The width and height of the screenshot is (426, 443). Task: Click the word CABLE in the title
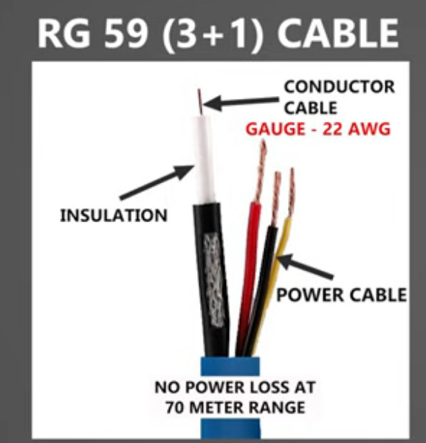pyautogui.click(x=338, y=33)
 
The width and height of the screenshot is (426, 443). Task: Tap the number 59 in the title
pyautogui.click(x=126, y=34)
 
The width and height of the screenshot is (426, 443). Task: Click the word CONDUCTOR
pyautogui.click(x=340, y=86)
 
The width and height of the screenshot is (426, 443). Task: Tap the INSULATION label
pyautogui.click(x=114, y=216)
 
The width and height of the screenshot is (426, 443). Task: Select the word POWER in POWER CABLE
pyautogui.click(x=310, y=295)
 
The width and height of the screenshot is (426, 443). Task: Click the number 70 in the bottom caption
pyautogui.click(x=174, y=408)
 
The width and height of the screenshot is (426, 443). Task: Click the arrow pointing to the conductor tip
pyautogui.click(x=241, y=103)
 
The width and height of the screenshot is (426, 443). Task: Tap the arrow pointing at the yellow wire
pyautogui.click(x=306, y=267)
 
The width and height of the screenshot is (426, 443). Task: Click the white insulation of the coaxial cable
pyautogui.click(x=204, y=159)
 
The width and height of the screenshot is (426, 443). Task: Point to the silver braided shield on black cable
pyautogui.click(x=214, y=280)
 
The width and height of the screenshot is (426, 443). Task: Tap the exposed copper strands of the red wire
pyautogui.click(x=261, y=171)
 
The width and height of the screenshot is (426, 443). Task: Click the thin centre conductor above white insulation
pyautogui.click(x=200, y=102)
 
